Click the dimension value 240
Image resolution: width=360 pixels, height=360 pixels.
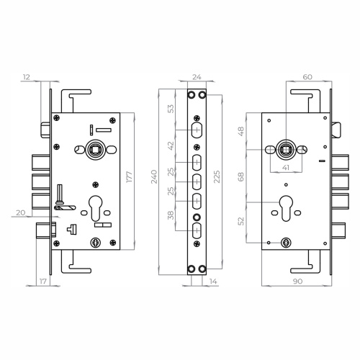click(x=154, y=176)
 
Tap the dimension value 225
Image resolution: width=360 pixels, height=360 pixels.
click(x=217, y=176)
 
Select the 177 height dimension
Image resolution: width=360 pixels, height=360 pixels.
click(x=129, y=177)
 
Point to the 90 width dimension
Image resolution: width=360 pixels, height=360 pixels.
click(x=297, y=282)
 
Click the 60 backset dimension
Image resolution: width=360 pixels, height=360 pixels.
click(x=307, y=77)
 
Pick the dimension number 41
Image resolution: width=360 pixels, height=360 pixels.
click(x=286, y=168)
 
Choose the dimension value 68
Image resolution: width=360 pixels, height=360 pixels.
click(x=241, y=176)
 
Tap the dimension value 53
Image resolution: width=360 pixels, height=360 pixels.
click(x=171, y=109)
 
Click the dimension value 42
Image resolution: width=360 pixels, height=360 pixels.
click(x=171, y=146)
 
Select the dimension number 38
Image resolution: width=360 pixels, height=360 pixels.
click(x=171, y=215)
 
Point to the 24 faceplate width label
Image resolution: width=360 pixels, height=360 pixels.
click(x=197, y=77)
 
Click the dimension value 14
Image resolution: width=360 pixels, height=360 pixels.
click(x=213, y=282)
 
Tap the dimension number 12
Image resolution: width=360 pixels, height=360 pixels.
click(x=27, y=77)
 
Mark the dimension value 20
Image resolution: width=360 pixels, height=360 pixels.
click(x=20, y=212)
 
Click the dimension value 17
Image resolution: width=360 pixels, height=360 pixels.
click(x=42, y=282)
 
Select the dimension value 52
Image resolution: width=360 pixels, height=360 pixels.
click(x=241, y=221)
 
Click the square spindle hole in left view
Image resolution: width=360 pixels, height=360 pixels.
click(x=94, y=150)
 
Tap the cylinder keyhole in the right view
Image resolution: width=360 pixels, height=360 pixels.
click(x=286, y=208)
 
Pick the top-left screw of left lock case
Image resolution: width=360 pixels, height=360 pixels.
click(x=57, y=117)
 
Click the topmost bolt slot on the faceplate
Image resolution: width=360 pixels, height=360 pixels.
click(x=197, y=130)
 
